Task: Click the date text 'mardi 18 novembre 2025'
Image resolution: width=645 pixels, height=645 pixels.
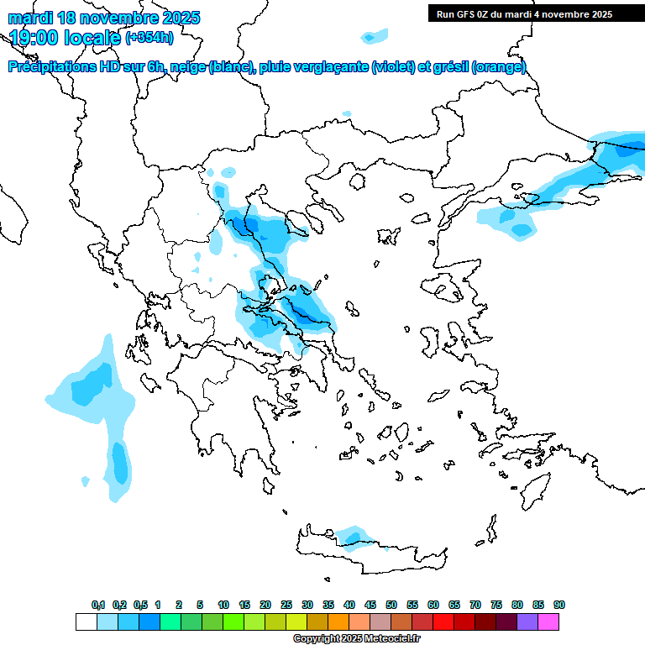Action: click(104, 18)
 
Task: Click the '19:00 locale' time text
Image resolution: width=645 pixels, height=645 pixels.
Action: click(65, 37)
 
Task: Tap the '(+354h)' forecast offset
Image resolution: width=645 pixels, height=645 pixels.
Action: click(149, 37)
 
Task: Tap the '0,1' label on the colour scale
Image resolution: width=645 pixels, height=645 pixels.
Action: click(98, 605)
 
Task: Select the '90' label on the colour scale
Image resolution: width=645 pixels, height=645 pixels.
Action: click(558, 605)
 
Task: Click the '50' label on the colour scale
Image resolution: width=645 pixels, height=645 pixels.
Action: click(391, 605)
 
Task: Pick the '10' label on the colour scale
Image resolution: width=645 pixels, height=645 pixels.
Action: click(223, 605)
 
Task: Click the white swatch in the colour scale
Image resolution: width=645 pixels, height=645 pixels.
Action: click(86, 621)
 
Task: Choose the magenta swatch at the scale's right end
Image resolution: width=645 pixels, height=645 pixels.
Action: click(548, 621)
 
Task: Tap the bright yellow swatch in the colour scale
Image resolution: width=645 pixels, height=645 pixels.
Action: click(296, 621)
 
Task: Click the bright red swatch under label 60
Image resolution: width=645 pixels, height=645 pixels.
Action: click(443, 621)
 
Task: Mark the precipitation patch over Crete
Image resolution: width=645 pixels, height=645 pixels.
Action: click(352, 536)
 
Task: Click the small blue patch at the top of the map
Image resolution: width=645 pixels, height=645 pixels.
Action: click(374, 35)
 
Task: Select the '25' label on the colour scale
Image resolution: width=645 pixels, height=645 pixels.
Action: click(286, 605)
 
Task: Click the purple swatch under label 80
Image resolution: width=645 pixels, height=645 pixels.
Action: click(527, 621)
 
